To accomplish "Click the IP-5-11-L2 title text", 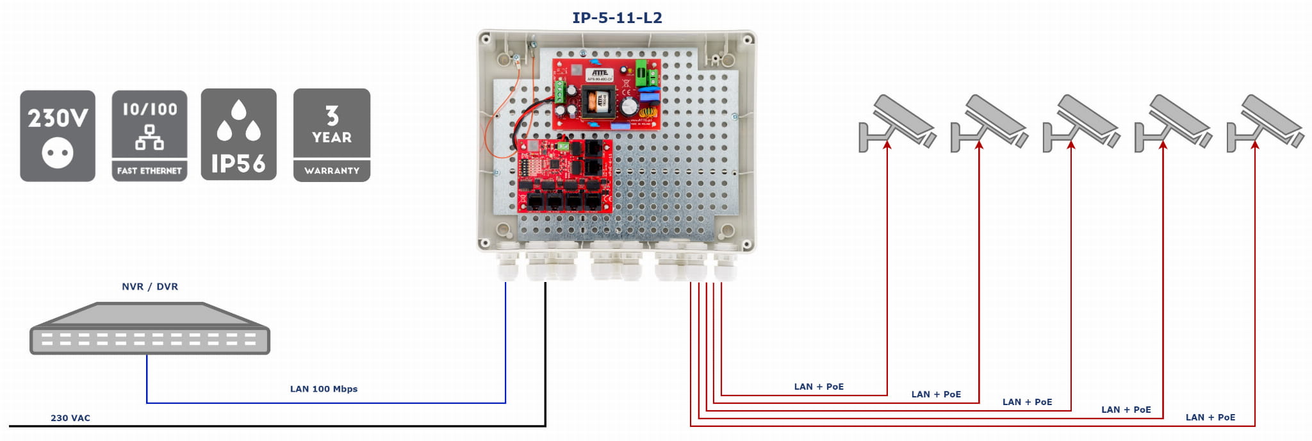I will click(x=617, y=17).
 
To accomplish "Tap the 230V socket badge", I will click(x=58, y=135).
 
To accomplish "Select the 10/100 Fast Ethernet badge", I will click(x=149, y=135).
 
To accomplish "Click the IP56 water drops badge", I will click(x=238, y=135).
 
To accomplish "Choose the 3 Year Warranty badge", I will click(x=332, y=135).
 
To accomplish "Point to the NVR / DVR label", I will click(x=150, y=287).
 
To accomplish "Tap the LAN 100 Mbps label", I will click(x=324, y=388).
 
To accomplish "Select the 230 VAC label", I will click(x=70, y=418).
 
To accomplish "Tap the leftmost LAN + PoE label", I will click(x=819, y=387).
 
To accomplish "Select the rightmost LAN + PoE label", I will click(x=1210, y=417).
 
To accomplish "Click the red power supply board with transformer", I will click(x=606, y=94).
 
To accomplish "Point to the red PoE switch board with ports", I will click(x=564, y=177).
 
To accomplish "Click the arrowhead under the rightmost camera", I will click(x=1255, y=146).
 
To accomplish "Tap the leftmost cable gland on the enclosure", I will click(x=507, y=263).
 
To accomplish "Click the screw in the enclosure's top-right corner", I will click(x=746, y=40).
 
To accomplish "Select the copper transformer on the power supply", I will click(x=598, y=101).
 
